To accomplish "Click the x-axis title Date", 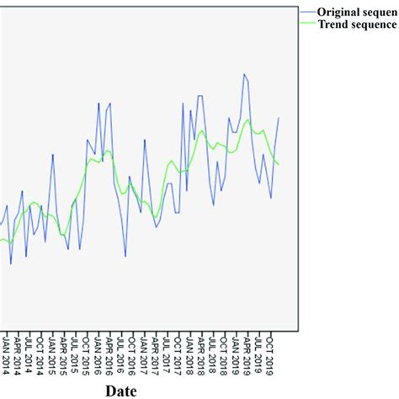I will tap(126, 390).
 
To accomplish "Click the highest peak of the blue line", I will tap(244, 74).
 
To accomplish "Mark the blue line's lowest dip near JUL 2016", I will tap(125, 256).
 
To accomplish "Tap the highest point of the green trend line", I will tap(247, 120).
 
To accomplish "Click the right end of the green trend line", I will tap(279, 163).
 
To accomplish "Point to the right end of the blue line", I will tap(279, 118).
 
